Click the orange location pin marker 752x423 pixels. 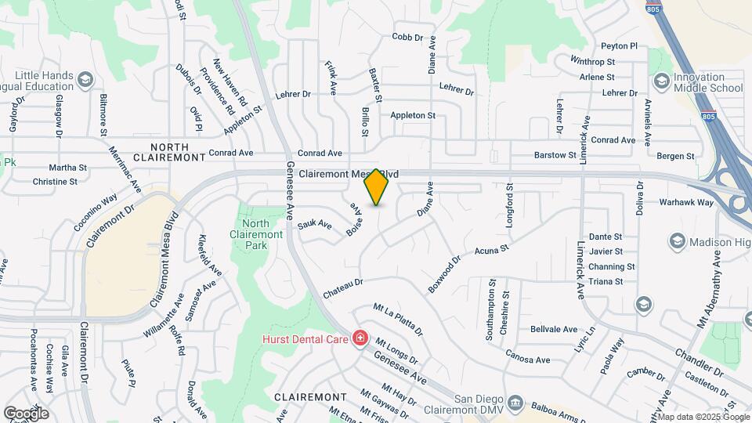377,186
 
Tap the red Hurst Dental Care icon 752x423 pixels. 360,338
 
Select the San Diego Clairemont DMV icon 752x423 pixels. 515,403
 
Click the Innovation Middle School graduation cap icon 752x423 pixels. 661,81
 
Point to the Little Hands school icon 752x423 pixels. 85,80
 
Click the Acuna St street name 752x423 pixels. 492,250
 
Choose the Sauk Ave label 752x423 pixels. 314,226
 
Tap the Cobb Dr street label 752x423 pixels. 407,37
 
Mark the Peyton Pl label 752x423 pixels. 620,46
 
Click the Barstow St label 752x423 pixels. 555,155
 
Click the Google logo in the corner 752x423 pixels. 26,413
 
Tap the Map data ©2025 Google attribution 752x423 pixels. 703,416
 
